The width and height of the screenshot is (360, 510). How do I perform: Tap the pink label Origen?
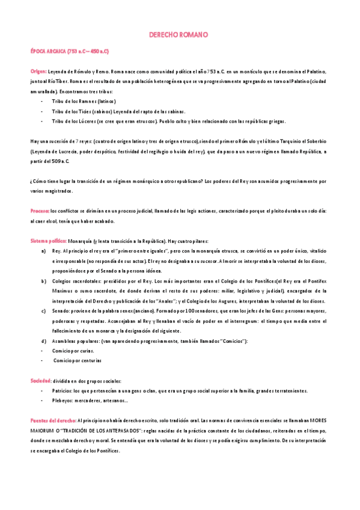coord(40,70)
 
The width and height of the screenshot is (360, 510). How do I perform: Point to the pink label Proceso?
coord(40,211)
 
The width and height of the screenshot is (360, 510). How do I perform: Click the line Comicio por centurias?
coord(78,360)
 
